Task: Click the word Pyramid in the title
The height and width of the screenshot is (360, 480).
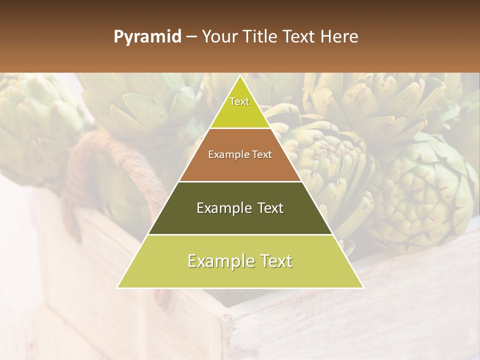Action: pyautogui.click(x=147, y=37)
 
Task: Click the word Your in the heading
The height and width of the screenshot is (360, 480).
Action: pyautogui.click(x=220, y=37)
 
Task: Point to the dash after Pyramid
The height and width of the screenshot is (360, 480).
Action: pyautogui.click(x=191, y=37)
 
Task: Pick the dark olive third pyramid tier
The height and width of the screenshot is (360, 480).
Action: pyautogui.click(x=240, y=220)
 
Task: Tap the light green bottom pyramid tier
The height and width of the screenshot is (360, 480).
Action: pyautogui.click(x=240, y=272)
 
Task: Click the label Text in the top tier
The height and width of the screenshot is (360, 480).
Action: pyautogui.click(x=239, y=101)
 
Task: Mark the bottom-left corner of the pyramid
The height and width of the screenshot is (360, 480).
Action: pyautogui.click(x=118, y=287)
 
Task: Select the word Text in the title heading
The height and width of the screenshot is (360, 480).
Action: pyautogui.click(x=301, y=37)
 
